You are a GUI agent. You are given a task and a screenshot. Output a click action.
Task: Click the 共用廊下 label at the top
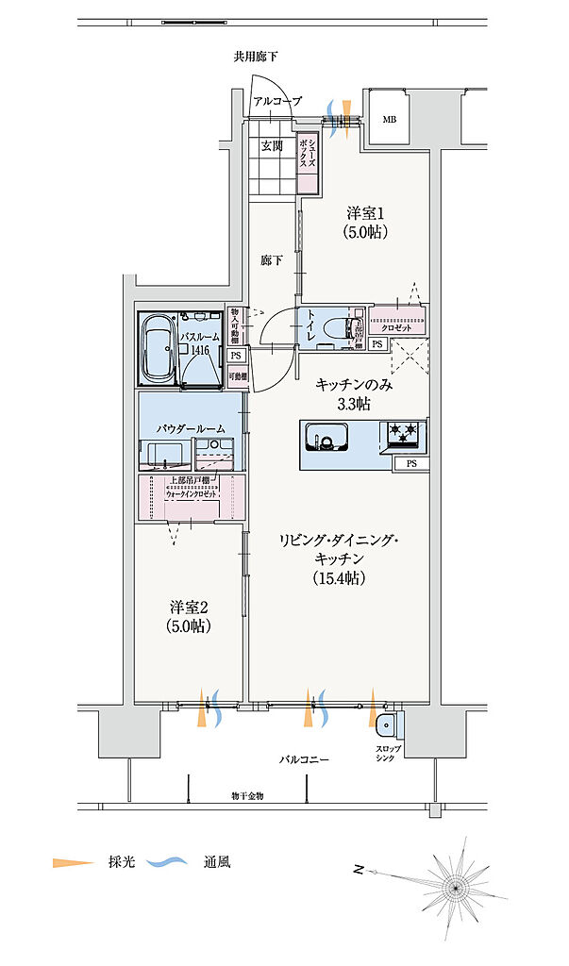(x=256, y=58)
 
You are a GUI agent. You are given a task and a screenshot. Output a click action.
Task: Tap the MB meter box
(x=389, y=120)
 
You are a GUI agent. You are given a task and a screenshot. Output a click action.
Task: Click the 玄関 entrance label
(x=273, y=147)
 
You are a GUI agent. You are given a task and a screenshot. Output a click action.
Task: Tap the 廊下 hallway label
(x=272, y=260)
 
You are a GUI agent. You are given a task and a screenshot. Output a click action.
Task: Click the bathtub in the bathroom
(x=157, y=348)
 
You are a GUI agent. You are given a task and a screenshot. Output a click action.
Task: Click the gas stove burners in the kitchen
(x=404, y=435)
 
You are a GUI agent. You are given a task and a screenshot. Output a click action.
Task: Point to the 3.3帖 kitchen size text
(x=355, y=404)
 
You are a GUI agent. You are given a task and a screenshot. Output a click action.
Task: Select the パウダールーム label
(x=191, y=428)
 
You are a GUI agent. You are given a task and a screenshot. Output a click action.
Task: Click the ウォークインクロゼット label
(x=192, y=493)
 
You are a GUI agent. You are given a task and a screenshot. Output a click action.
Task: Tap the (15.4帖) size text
(x=339, y=578)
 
